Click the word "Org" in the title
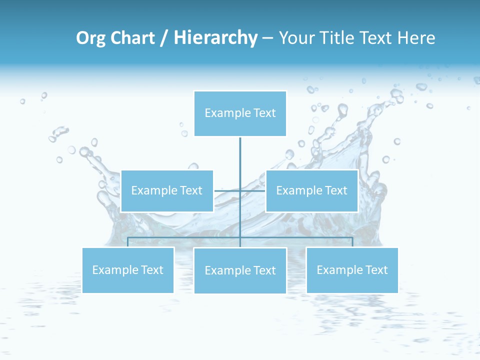(90, 38)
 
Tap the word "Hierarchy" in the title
(215, 38)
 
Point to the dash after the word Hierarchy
(267, 38)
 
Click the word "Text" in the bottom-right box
(376, 270)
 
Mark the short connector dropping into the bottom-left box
(127, 242)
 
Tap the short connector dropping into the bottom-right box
(352, 242)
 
